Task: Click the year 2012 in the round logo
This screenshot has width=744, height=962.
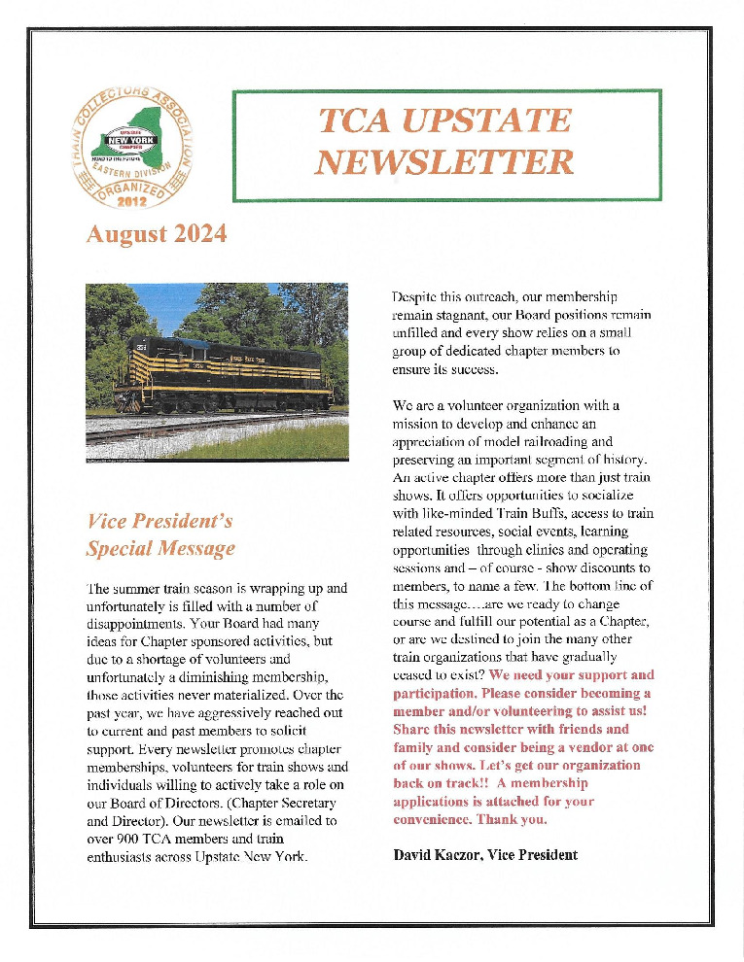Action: (x=131, y=201)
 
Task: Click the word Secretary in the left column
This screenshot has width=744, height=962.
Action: (x=303, y=802)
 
